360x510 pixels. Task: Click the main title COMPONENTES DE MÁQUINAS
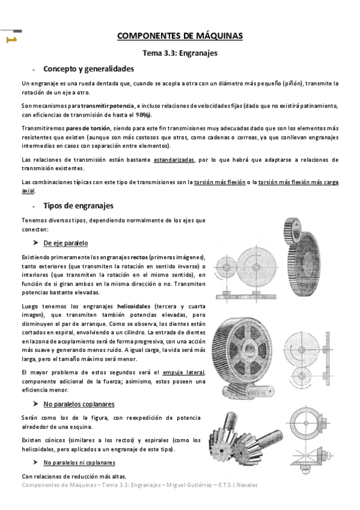[180, 36]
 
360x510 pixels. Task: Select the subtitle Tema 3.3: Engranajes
[180, 53]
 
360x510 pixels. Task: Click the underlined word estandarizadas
[174, 159]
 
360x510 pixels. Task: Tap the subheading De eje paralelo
[66, 243]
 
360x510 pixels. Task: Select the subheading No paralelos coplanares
[79, 404]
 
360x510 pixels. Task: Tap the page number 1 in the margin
[10, 40]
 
